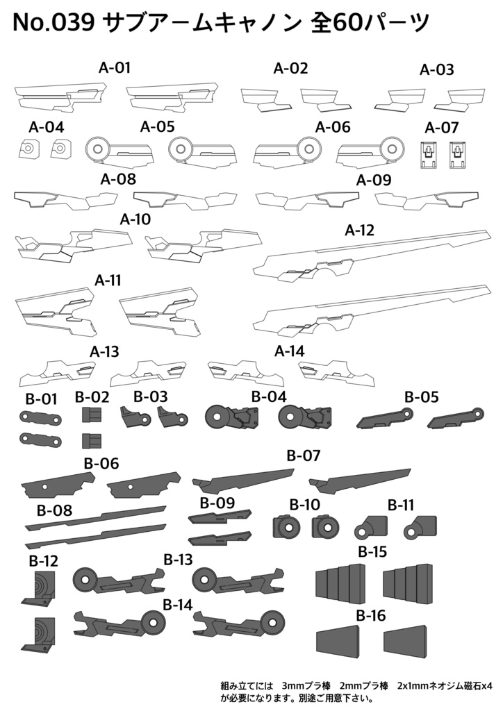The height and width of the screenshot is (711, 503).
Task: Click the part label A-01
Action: click(115, 68)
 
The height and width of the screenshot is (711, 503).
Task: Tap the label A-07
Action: click(441, 128)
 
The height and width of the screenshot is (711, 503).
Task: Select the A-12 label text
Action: click(359, 231)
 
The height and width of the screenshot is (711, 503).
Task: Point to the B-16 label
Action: click(370, 615)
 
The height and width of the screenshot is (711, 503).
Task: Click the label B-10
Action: click(305, 504)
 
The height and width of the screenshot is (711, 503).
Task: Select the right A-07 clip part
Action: click(458, 154)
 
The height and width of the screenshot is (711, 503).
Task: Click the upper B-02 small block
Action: click(92, 415)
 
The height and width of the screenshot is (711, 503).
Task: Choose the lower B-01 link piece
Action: click(40, 440)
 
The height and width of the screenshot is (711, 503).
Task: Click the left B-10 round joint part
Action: click(287, 526)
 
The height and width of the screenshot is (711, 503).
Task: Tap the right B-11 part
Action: click(420, 527)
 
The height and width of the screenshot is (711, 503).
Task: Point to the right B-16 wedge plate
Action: click(406, 638)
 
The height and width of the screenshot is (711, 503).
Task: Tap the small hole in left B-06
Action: click(44, 487)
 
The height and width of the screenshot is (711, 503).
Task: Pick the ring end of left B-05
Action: click(406, 413)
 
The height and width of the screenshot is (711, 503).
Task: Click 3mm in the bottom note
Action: click(292, 685)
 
